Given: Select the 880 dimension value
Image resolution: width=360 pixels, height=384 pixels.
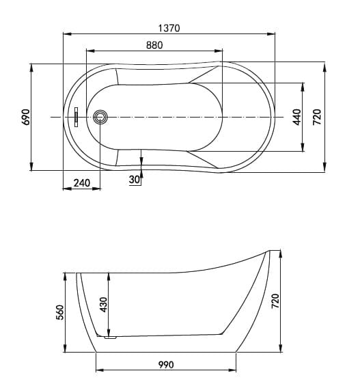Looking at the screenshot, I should (154, 44).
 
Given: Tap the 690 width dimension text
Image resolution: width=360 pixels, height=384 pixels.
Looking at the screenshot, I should (25, 117).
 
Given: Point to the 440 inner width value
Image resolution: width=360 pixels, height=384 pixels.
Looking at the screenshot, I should (296, 118).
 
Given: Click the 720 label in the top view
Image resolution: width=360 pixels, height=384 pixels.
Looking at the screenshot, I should (317, 117).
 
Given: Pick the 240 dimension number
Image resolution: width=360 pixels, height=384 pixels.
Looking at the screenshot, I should (82, 182).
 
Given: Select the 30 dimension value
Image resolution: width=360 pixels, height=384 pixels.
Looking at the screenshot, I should (133, 179).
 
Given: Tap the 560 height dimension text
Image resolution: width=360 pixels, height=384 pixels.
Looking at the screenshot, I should (59, 313).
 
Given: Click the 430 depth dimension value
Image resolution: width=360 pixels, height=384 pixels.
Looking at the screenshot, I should (103, 305).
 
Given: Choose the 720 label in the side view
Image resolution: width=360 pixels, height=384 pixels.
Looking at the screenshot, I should (275, 301).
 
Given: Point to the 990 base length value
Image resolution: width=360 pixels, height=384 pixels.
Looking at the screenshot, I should (165, 364).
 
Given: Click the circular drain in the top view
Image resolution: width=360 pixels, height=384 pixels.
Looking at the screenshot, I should (102, 117).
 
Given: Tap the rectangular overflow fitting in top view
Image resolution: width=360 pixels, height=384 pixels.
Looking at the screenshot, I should (77, 117).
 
